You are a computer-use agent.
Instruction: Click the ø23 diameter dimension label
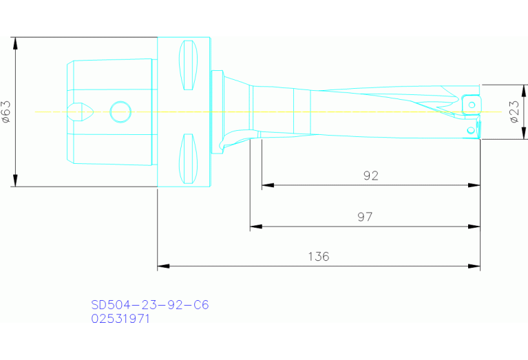tap(514, 111)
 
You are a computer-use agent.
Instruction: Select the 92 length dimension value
tap(370, 176)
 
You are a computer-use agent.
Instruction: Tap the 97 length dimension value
tap(365, 217)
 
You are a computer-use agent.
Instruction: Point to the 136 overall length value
tap(318, 257)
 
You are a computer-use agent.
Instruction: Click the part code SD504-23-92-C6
tap(149, 304)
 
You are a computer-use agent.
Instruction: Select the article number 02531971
tap(120, 319)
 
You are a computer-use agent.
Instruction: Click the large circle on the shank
tap(120, 111)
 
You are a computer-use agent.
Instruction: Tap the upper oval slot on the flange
tap(187, 65)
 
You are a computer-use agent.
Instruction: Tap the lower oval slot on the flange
tap(187, 158)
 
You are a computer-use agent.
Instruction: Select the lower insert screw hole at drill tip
tap(471, 129)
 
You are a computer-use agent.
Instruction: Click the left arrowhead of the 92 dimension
tap(268, 185)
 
